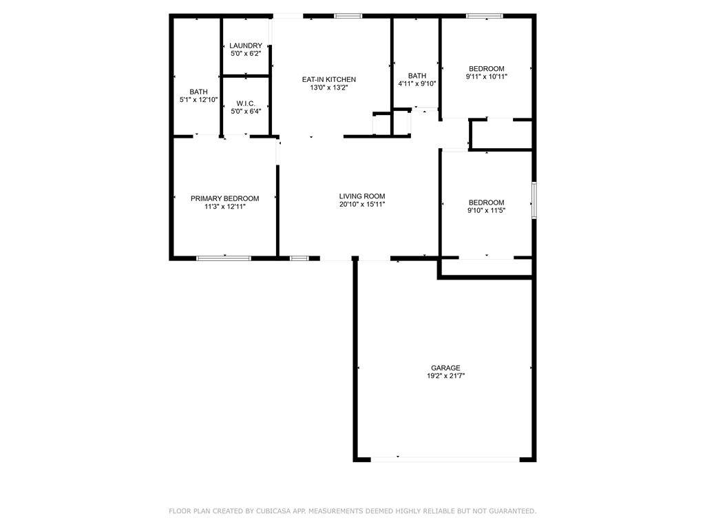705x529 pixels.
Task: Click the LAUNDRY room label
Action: point(246,45)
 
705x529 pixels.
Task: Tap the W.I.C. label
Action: point(246,103)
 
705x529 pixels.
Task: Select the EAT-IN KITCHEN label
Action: point(328,80)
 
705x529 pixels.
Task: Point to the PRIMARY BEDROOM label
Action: point(225,198)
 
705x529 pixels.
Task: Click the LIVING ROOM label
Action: point(362,196)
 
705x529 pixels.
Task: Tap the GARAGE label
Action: point(445,368)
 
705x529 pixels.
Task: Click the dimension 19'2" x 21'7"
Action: point(445,376)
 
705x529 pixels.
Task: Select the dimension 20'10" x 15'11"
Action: point(362,204)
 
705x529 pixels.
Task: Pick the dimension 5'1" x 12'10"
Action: point(199,100)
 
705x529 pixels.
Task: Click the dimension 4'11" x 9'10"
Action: point(417,83)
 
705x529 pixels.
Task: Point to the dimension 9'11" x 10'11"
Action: point(487,76)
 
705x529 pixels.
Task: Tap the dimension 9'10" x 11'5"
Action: point(487,210)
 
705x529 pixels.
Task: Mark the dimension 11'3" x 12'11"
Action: point(225,207)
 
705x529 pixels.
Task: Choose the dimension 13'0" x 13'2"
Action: point(328,87)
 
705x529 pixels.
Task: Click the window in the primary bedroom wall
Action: point(224,258)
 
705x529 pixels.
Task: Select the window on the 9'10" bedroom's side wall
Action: point(534,200)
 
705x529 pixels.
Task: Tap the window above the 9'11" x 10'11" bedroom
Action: point(484,17)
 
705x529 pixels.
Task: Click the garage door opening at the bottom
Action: point(445,459)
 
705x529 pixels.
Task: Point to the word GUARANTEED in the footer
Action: point(512,511)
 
